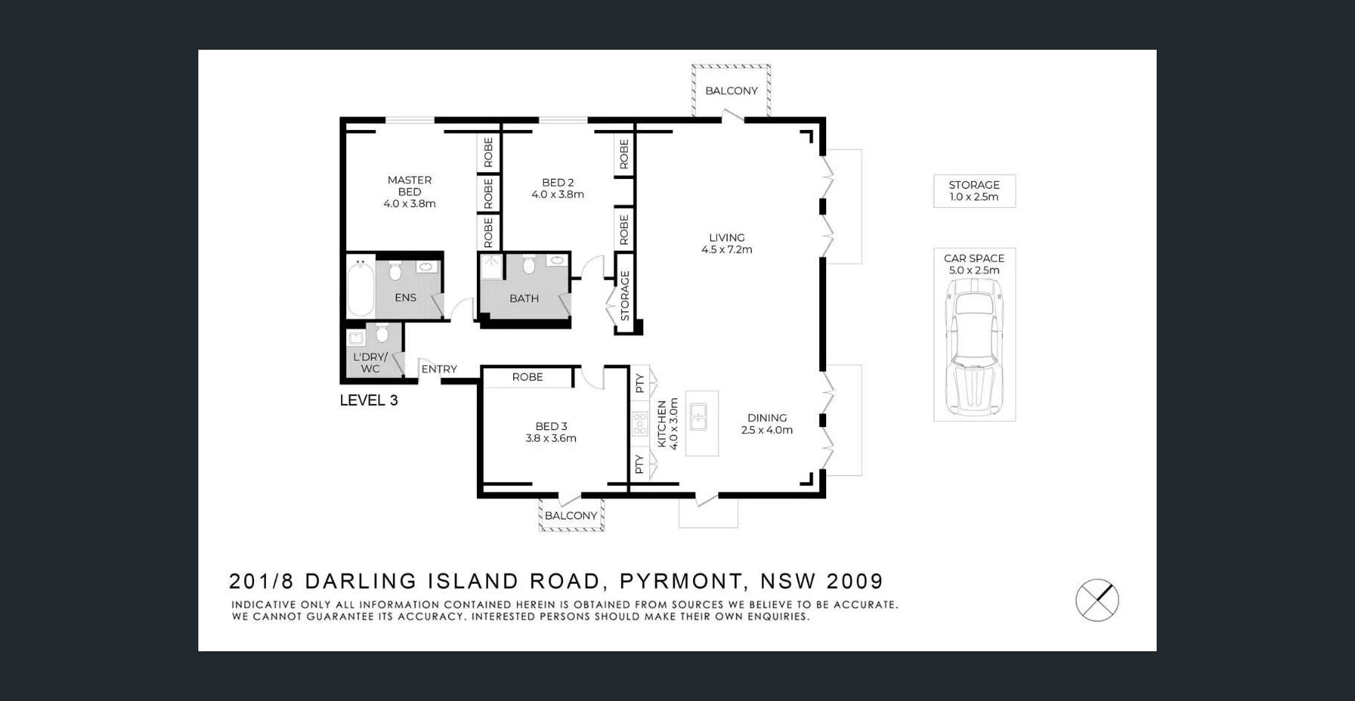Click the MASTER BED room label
click(x=409, y=192)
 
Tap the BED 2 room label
click(x=558, y=189)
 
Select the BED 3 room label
click(x=551, y=432)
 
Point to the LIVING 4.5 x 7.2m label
click(x=727, y=244)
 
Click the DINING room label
click(x=767, y=424)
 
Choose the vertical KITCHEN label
click(x=661, y=424)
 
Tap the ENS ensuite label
click(x=406, y=298)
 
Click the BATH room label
click(x=524, y=299)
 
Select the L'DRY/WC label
click(x=370, y=362)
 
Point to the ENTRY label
click(x=439, y=369)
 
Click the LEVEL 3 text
click(x=368, y=400)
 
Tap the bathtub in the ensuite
click(x=361, y=288)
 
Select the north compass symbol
click(x=1097, y=600)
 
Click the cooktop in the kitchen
click(x=640, y=424)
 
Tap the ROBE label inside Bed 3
click(x=527, y=377)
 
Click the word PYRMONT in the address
click(x=680, y=581)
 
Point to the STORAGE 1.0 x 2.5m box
click(x=974, y=191)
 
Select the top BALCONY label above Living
click(x=732, y=91)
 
